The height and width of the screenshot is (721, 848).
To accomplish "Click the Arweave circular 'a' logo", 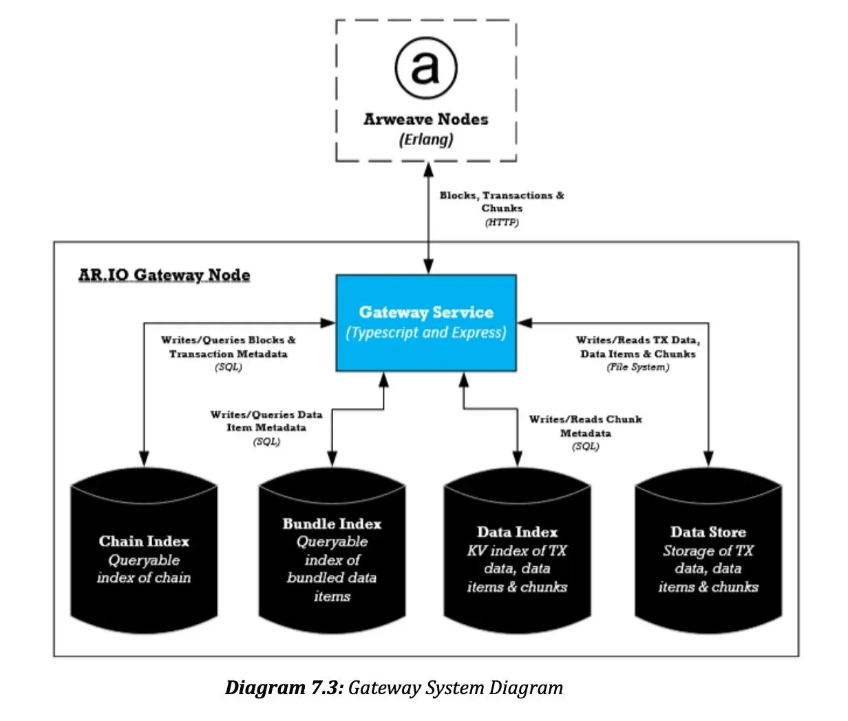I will (x=426, y=68).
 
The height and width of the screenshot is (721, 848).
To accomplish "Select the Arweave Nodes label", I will (x=425, y=120).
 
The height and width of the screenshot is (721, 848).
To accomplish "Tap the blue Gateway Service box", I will (x=426, y=323).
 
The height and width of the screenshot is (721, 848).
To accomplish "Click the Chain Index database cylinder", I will (x=144, y=550).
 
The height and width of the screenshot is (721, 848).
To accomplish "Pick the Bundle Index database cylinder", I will (x=332, y=550).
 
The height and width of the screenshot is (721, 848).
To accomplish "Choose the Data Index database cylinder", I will (x=517, y=550).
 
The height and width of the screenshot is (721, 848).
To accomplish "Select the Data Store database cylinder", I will (x=708, y=550).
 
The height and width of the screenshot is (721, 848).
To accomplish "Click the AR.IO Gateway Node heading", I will (x=164, y=275).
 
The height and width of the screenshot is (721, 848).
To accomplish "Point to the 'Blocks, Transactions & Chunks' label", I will (x=502, y=202).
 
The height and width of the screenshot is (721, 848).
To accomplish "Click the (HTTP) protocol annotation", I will (x=502, y=223).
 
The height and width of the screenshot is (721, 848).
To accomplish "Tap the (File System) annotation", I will (x=637, y=367).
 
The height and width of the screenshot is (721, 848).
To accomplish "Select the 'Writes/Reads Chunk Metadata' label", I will (x=585, y=426).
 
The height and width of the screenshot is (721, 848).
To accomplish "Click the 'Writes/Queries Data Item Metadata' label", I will (x=266, y=421).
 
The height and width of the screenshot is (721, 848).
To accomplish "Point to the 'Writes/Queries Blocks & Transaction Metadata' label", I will (x=229, y=347).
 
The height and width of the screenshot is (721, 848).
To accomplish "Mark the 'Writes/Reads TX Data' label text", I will (x=637, y=341).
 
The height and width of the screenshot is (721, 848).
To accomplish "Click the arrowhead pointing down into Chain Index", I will (x=144, y=458).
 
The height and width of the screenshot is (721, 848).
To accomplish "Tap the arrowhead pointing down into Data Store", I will (x=708, y=458).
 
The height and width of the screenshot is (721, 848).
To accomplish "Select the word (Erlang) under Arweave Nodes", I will (x=426, y=140).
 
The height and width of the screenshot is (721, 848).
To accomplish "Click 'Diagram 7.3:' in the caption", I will (x=284, y=687).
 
